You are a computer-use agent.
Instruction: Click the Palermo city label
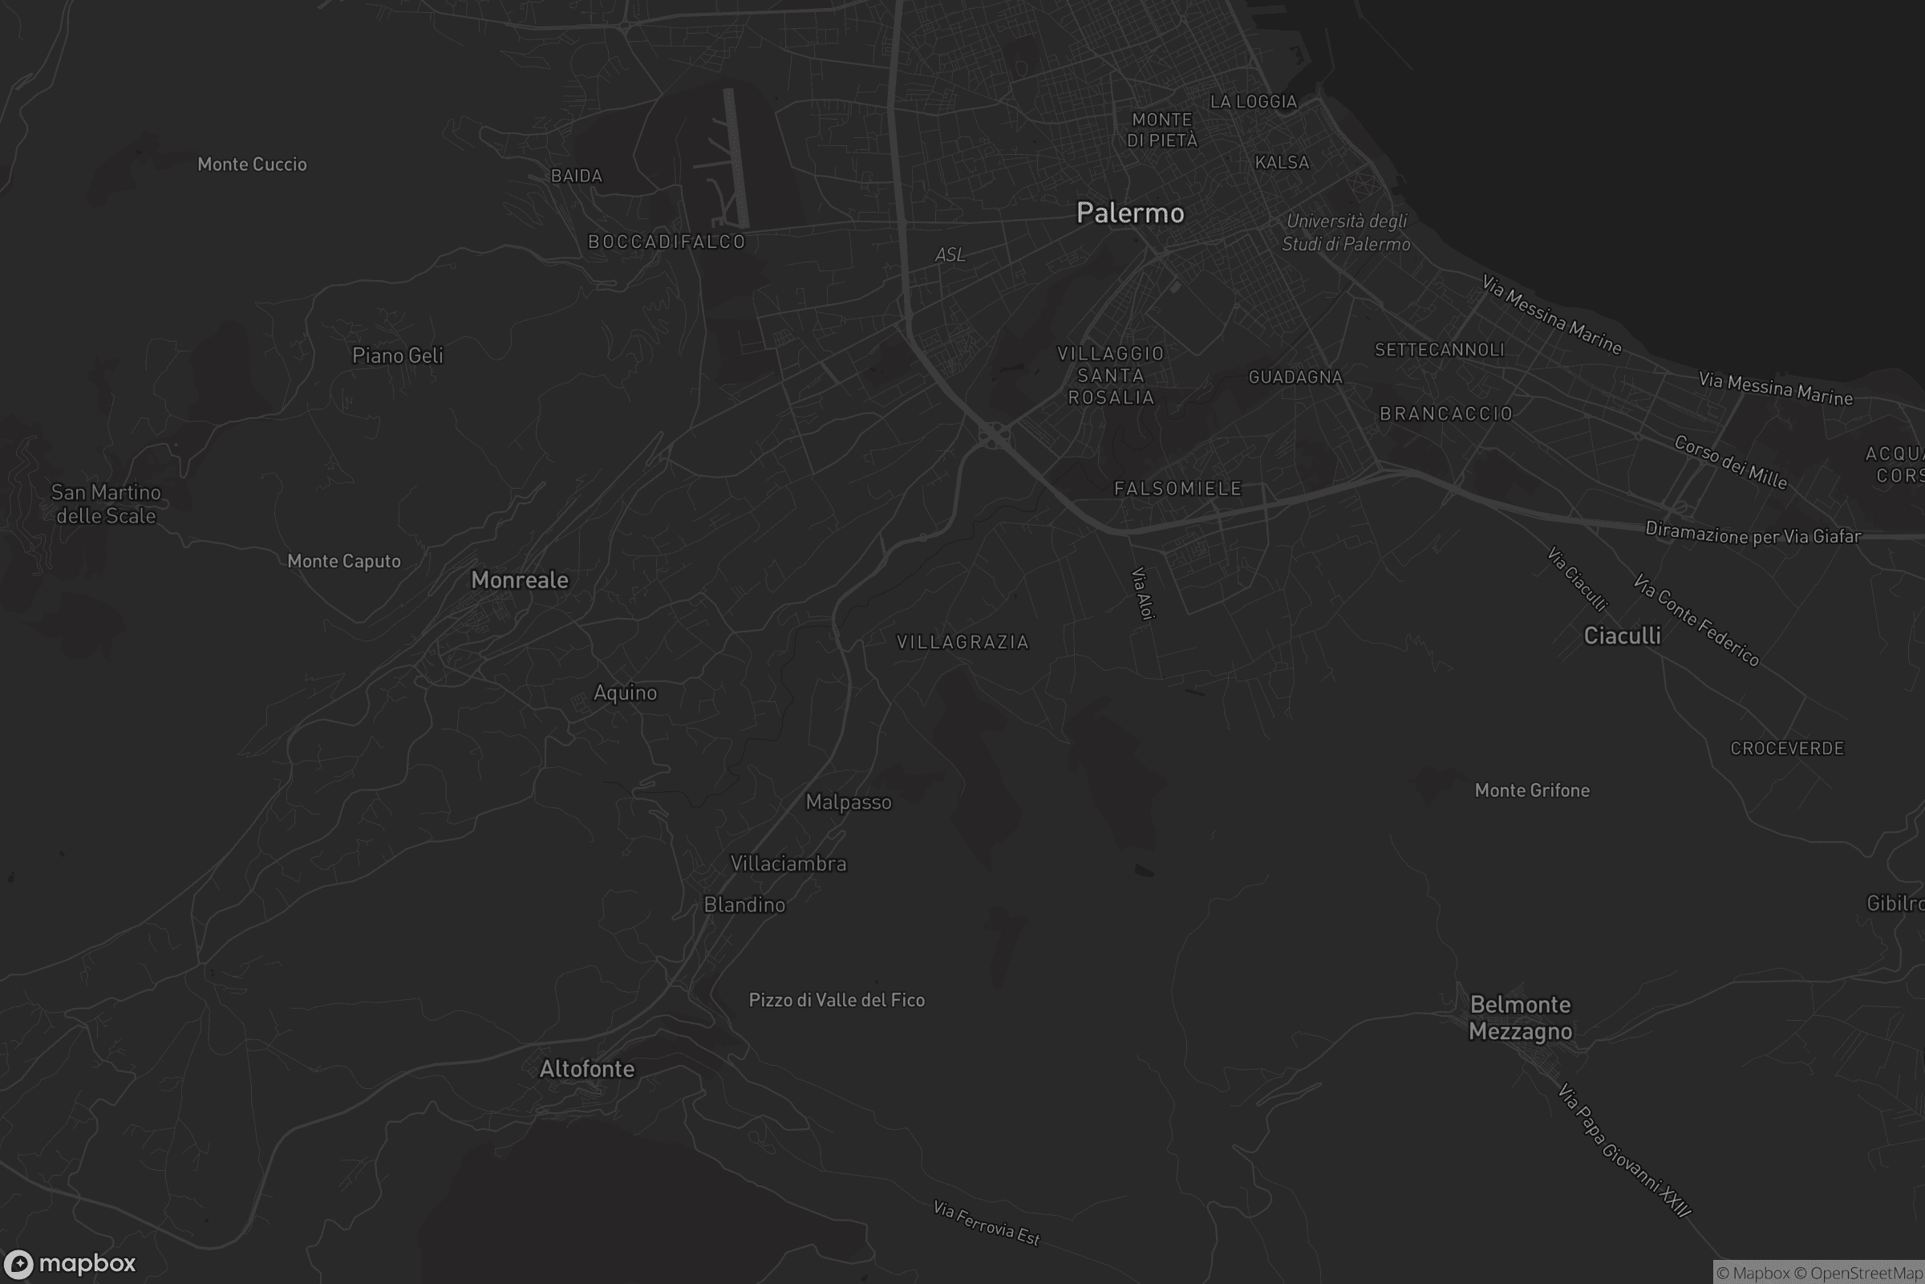(1130, 213)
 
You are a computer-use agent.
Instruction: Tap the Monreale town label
(520, 579)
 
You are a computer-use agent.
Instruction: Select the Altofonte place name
(587, 1069)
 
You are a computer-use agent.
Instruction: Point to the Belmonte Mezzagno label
(1520, 1018)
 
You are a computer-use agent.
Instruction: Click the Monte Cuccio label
(252, 165)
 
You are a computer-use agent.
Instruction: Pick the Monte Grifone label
(1532, 790)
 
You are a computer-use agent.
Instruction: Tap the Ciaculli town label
(1622, 636)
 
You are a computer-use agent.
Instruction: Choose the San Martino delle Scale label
(106, 504)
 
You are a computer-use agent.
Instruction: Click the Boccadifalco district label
(667, 242)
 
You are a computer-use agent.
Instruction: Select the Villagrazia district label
(962, 642)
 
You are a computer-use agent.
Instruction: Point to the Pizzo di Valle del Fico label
(837, 1000)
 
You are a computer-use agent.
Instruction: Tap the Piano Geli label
(398, 356)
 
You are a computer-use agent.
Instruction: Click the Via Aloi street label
(1142, 594)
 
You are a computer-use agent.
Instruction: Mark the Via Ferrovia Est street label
(987, 1222)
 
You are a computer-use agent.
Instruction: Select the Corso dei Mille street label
(1730, 462)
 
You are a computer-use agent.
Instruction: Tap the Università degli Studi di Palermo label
(1347, 233)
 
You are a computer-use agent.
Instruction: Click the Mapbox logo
(70, 1263)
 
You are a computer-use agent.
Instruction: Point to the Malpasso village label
(849, 802)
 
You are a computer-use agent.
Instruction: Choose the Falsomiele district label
(1178, 489)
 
